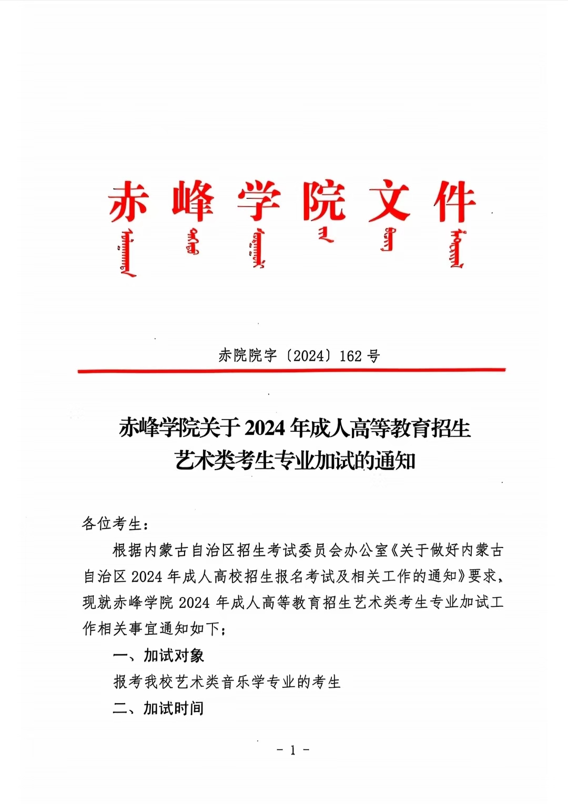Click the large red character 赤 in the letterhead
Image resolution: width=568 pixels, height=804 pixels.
click(129, 201)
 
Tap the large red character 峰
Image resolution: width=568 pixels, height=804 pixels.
click(194, 201)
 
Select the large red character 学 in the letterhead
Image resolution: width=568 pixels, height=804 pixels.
click(258, 201)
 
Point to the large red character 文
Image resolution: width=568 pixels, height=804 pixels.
click(389, 201)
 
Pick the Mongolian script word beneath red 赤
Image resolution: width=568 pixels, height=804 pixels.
click(128, 252)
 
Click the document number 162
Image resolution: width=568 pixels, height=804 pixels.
click(351, 356)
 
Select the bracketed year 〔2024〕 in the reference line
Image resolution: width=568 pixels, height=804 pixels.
click(309, 356)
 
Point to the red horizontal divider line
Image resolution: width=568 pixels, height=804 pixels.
click(292, 371)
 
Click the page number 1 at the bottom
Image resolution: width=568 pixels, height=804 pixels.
click(293, 750)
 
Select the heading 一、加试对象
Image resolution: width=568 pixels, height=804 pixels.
click(158, 656)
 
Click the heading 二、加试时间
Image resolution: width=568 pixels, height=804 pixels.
click(158, 708)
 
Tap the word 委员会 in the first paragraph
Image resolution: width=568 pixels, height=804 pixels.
click(313, 550)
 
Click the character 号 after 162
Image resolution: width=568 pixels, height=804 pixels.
click(373, 356)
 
